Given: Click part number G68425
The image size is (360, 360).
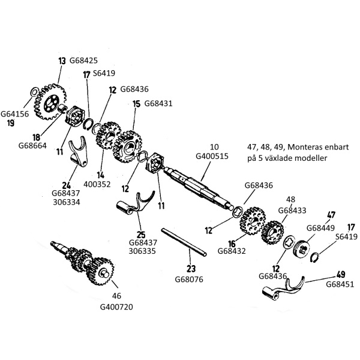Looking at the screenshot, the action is (83, 61).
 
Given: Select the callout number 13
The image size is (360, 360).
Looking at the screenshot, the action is (62, 61).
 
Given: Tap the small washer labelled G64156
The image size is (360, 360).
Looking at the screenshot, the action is (34, 92).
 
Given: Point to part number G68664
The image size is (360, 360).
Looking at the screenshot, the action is (32, 146).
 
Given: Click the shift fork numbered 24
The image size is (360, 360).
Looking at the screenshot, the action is (79, 152).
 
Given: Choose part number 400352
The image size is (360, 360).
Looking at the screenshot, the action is (97, 184).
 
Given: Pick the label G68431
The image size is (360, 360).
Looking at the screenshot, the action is (158, 103).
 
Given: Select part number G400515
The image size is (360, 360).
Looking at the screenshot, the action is (212, 156).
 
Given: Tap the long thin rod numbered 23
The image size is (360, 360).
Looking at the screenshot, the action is (184, 242).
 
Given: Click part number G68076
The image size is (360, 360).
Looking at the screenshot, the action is (189, 279).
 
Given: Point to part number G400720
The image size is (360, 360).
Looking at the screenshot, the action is (116, 307).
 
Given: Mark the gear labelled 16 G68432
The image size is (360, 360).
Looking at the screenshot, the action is (253, 221).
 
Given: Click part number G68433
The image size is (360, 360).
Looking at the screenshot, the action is (292, 210).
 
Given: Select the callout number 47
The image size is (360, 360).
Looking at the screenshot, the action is (331, 215).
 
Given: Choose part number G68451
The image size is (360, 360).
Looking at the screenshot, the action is (340, 284).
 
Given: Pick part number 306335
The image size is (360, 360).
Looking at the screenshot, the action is (142, 251).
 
